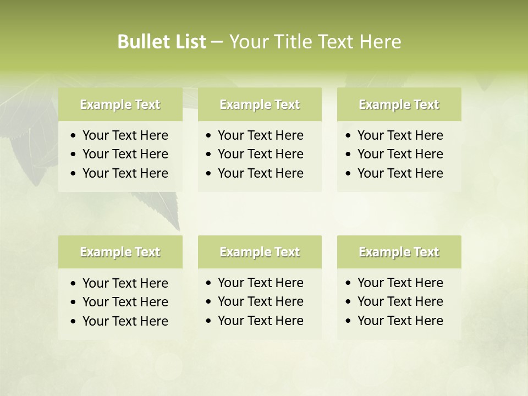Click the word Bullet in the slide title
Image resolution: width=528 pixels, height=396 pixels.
(x=140, y=42)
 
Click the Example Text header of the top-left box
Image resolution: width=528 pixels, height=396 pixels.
(x=120, y=105)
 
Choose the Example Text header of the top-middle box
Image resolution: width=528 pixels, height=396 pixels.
(x=260, y=105)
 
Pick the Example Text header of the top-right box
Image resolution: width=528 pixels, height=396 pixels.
(x=399, y=105)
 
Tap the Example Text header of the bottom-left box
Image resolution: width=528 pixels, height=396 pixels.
(x=120, y=252)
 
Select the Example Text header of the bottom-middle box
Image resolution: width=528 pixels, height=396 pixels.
(x=260, y=252)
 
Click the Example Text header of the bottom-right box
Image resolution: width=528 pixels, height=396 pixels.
(x=399, y=252)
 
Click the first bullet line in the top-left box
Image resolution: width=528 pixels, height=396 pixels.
(x=125, y=135)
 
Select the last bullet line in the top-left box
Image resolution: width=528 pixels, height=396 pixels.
(x=125, y=173)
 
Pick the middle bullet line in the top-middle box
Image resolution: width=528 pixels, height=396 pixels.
(x=260, y=154)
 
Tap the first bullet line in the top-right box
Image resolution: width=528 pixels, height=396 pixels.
(x=400, y=135)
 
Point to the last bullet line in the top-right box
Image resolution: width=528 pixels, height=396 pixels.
(x=400, y=173)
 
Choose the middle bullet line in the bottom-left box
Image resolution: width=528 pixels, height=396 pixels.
(x=125, y=302)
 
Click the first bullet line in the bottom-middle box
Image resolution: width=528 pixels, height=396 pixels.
(x=260, y=283)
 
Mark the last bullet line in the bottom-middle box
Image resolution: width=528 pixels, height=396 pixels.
(x=260, y=321)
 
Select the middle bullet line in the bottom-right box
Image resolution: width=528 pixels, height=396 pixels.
(x=400, y=301)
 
